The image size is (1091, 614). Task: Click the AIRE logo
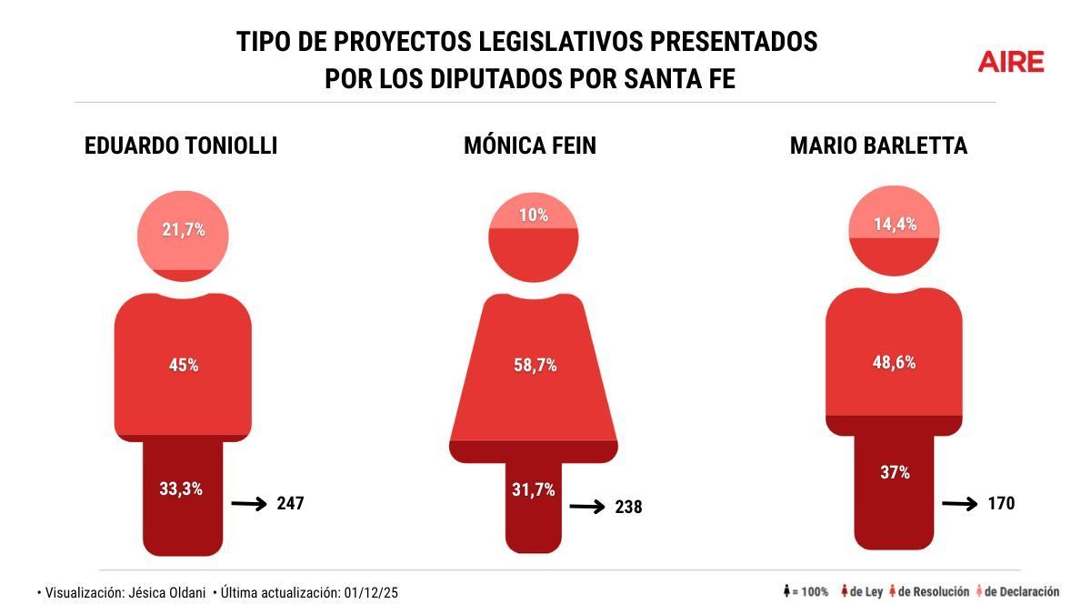(x=1011, y=62)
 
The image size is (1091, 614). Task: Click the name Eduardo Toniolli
(x=181, y=146)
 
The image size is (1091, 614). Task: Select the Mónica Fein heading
(x=530, y=146)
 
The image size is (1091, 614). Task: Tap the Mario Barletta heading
(x=878, y=146)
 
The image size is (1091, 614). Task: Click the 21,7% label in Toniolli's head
(x=184, y=230)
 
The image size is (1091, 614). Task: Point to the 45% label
(x=184, y=365)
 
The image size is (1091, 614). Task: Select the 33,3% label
(x=181, y=488)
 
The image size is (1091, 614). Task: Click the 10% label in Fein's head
(x=534, y=215)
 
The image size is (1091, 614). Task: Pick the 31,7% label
(x=534, y=490)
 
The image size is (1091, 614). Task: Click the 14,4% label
(x=894, y=224)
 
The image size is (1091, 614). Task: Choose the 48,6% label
(x=894, y=362)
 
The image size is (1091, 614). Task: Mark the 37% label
(x=894, y=472)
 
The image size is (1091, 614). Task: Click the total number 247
(x=290, y=503)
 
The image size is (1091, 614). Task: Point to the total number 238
(x=627, y=507)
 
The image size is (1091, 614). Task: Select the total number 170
(x=1000, y=503)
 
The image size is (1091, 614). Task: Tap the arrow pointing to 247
(x=249, y=503)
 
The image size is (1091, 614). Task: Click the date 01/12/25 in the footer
(x=371, y=592)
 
